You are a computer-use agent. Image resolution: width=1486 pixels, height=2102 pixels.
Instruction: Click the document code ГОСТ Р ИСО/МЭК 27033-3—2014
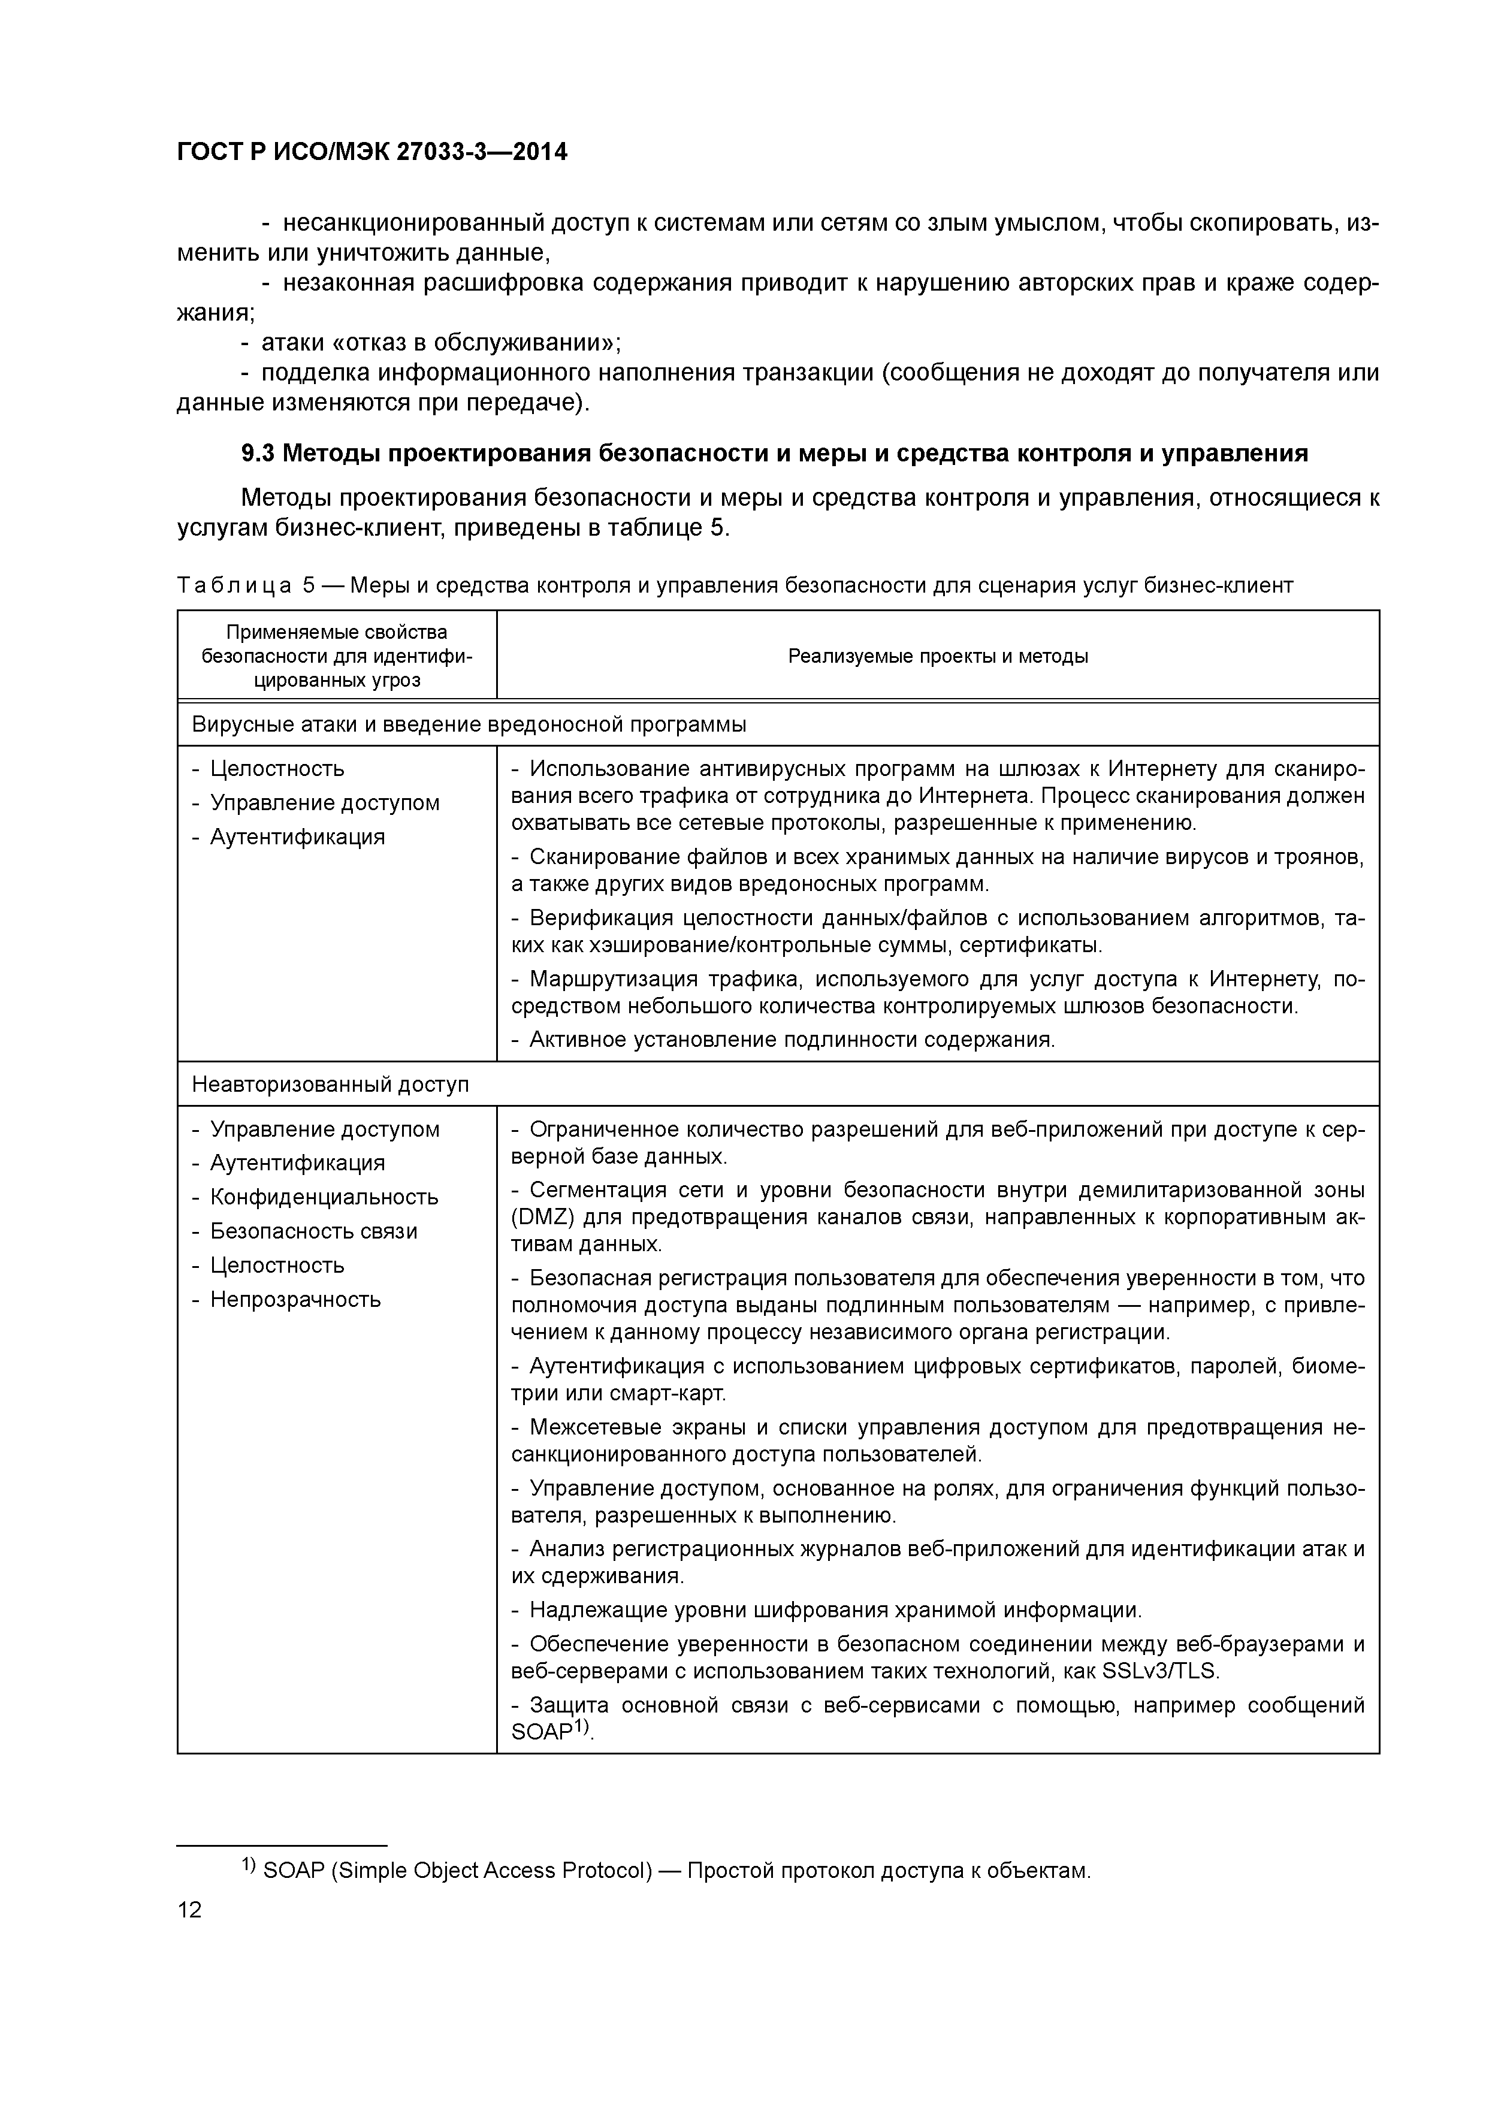[x=371, y=152]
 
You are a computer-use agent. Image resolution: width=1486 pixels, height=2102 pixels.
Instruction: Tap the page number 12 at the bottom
[x=189, y=1910]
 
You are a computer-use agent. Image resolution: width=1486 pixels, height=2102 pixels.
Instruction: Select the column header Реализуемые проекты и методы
[x=938, y=656]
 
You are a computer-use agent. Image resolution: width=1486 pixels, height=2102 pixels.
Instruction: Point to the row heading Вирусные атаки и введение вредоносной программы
[x=469, y=725]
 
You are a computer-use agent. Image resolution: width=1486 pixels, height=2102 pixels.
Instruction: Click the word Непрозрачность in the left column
[x=295, y=1299]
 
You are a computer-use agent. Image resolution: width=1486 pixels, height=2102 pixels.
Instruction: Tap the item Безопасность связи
[x=313, y=1231]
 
